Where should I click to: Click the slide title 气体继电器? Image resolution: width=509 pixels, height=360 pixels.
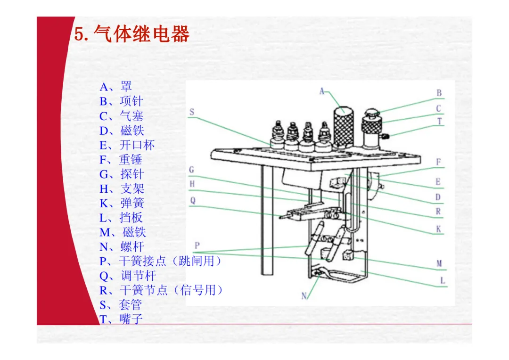[x=132, y=34]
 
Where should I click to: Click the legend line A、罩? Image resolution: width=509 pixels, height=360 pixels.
[x=116, y=87]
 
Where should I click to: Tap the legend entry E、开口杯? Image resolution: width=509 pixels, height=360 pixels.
[x=127, y=145]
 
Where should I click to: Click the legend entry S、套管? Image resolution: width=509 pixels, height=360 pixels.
[x=121, y=305]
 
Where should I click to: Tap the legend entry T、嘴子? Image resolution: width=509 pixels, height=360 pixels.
[x=121, y=319]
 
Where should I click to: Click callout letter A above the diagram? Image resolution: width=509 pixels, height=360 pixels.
[x=322, y=91]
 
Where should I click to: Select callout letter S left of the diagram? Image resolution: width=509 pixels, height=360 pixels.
[x=192, y=112]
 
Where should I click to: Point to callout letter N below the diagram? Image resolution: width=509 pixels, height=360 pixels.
[x=304, y=296]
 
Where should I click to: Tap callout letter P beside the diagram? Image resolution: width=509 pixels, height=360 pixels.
[x=197, y=245]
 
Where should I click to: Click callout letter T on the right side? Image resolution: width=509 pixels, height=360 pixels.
[x=439, y=122]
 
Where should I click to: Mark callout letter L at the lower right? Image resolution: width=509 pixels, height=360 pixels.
[x=443, y=281]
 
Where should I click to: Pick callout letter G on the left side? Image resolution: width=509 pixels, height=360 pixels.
[x=192, y=170]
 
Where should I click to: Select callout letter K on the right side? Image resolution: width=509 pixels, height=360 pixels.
[x=439, y=229]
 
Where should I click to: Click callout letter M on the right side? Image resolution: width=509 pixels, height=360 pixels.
[x=439, y=263]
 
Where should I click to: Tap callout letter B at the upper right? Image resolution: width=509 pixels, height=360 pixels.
[x=439, y=93]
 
